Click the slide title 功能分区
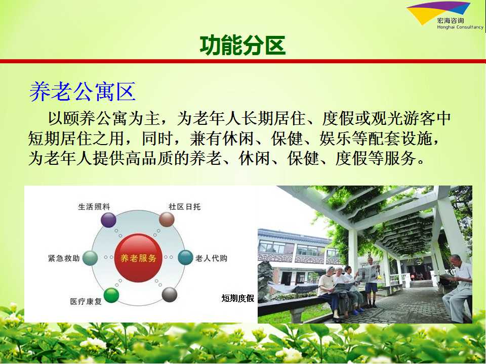point(242,45)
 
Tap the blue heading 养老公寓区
point(83,92)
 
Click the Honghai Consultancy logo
point(445,16)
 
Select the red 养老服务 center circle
point(139,258)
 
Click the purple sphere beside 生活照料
point(108,220)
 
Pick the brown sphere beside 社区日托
point(167,219)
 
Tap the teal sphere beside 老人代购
point(185,257)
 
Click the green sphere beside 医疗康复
point(111,295)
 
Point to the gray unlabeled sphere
point(170,294)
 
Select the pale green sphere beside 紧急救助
point(90,258)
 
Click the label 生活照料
point(94,207)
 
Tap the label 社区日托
point(184,207)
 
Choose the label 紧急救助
point(64,258)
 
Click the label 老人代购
point(212,258)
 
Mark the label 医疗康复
point(86,301)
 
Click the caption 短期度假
point(238,298)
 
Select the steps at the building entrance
point(422,284)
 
